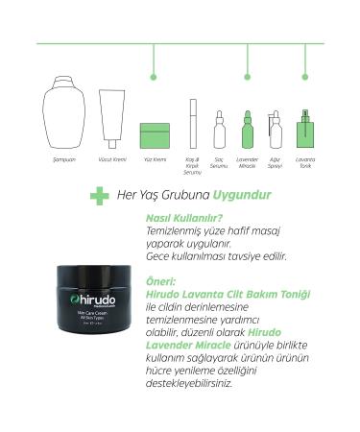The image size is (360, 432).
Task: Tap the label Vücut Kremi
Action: point(112,159)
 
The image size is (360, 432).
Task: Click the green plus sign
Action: point(98,196)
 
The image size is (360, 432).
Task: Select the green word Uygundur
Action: point(241,195)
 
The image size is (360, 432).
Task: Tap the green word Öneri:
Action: point(158,282)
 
